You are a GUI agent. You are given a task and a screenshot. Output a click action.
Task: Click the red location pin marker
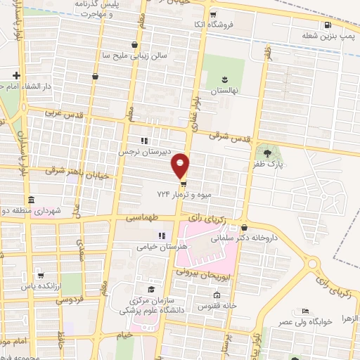[181, 165]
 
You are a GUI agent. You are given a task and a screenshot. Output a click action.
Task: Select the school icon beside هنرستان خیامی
[161, 236]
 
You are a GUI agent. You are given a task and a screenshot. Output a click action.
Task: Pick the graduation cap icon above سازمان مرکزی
[150, 289]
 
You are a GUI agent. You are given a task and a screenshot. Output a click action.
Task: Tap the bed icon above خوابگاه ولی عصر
[304, 311]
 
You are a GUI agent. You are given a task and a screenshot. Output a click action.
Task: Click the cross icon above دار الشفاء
[15, 75]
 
